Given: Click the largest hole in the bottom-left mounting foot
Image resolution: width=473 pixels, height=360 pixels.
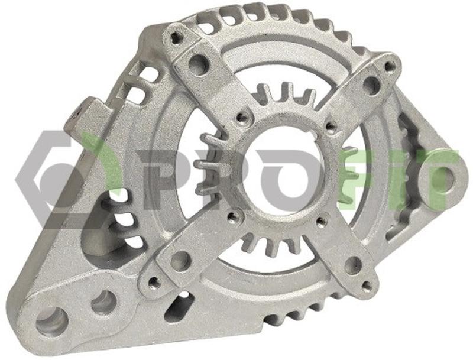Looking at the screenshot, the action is [x=51, y=322].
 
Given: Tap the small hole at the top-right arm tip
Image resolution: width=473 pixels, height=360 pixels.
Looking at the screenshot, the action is [x=390, y=66].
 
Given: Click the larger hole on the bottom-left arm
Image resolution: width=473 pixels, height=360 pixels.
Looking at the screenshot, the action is [x=181, y=261].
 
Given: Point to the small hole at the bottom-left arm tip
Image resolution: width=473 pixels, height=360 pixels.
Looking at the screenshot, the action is [x=154, y=283].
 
